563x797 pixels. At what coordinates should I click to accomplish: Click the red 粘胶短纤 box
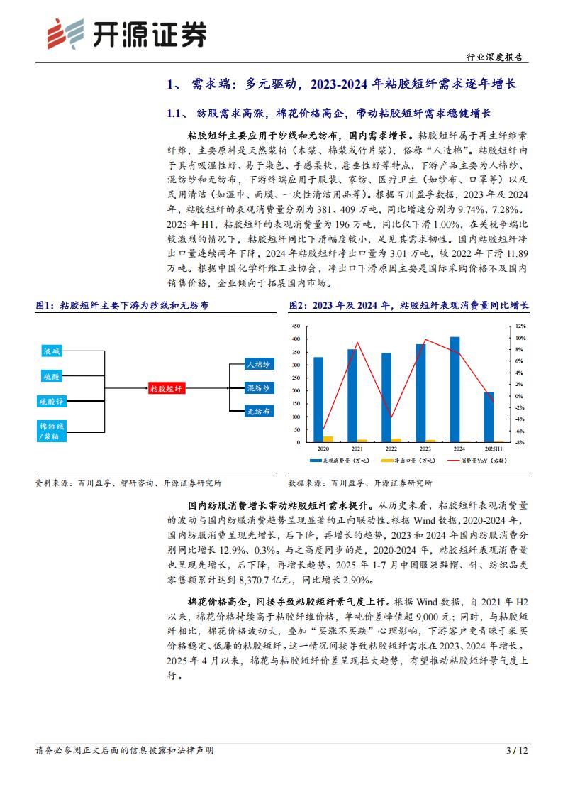coord(166,388)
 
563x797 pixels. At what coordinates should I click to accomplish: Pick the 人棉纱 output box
coord(257,364)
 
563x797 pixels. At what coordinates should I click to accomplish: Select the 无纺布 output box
coord(257,411)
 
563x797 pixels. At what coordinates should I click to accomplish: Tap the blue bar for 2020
coord(318,400)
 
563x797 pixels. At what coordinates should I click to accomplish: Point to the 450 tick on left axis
coord(296,327)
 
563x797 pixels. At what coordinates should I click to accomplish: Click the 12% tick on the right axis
coord(520,327)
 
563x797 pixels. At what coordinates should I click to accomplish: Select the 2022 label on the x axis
coord(391,449)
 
